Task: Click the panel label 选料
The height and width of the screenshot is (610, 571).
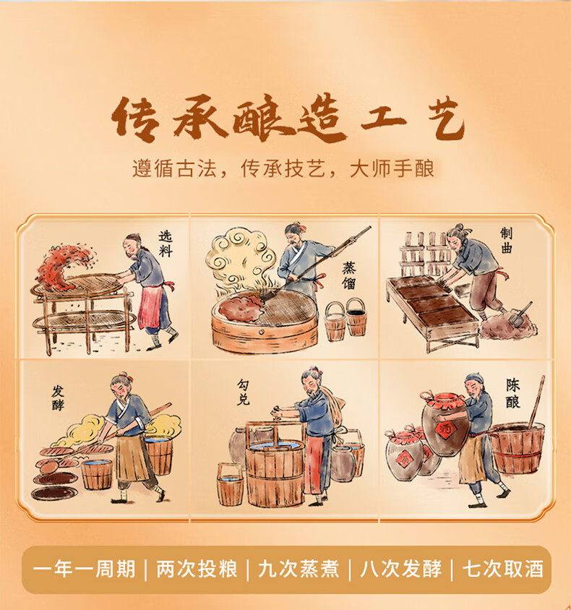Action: click(166, 244)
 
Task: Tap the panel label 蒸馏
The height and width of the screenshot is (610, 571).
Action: click(348, 276)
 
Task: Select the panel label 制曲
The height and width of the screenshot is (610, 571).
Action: click(506, 241)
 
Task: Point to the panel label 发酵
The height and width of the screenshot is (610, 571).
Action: click(58, 398)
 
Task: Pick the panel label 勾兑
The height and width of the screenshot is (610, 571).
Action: click(244, 392)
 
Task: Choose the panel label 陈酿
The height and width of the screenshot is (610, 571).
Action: click(512, 393)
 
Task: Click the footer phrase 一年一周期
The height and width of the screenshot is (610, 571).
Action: click(85, 569)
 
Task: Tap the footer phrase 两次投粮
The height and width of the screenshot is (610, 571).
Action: click(197, 569)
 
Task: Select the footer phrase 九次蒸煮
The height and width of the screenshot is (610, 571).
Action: click(299, 569)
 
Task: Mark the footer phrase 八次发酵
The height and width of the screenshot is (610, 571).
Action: click(401, 569)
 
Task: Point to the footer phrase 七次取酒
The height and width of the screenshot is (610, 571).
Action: click(503, 569)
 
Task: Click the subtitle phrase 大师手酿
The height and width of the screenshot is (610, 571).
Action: click(392, 168)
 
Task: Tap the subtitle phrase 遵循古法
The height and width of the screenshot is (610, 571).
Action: click(174, 168)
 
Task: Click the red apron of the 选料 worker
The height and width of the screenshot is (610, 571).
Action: click(149, 306)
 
